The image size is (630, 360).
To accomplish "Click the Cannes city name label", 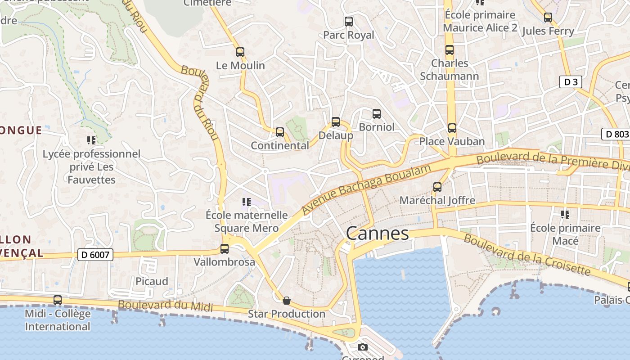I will (377, 234).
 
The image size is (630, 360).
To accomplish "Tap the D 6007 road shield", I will (95, 255).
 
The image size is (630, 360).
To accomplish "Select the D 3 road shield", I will (571, 82).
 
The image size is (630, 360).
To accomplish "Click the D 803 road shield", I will (615, 134).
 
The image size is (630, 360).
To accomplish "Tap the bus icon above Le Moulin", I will (240, 52).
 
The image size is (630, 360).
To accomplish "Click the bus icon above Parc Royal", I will (348, 21).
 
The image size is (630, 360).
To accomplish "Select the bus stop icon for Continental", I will (280, 132).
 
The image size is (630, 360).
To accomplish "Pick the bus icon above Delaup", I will (336, 122).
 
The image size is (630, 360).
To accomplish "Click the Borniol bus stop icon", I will (377, 114).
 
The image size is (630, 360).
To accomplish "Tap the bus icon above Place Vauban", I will (452, 128).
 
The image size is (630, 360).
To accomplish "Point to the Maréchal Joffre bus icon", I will (437, 187).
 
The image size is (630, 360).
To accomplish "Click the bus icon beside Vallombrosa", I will (224, 248).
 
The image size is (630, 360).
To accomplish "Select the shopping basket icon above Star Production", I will (287, 300).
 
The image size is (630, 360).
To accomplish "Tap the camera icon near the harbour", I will (363, 347).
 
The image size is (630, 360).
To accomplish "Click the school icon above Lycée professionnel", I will (91, 140).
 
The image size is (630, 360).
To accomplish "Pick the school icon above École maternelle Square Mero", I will (246, 202).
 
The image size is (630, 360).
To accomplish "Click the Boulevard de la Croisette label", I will (526, 254).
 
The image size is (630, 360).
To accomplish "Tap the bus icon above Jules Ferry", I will (548, 18).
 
